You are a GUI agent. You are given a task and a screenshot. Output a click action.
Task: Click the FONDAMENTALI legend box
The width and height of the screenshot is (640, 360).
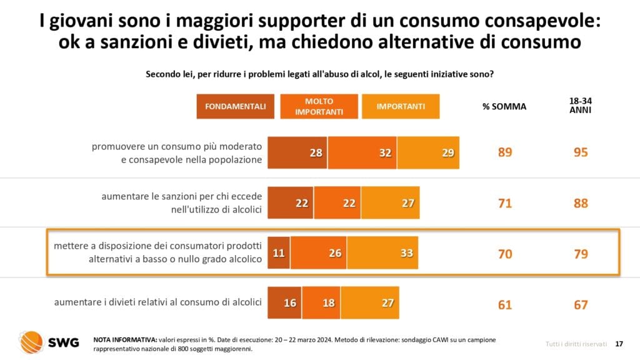(236, 106)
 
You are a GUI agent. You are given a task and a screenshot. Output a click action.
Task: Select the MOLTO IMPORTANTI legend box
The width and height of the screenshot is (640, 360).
(319, 106)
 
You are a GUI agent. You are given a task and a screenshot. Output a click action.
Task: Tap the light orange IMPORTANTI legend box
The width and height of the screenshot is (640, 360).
(401, 106)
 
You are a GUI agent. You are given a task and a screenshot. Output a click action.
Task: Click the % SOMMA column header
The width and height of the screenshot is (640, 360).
(504, 106)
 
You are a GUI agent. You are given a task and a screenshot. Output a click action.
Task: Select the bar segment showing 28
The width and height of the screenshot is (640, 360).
(297, 152)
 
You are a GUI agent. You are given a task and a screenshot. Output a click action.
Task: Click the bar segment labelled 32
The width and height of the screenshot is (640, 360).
(362, 152)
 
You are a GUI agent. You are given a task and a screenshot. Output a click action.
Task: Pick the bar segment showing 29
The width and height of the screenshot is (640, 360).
(428, 152)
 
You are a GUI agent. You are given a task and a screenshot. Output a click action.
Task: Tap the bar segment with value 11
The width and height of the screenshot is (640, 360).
(279, 252)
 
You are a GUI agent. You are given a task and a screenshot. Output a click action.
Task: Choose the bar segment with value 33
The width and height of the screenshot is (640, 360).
(382, 252)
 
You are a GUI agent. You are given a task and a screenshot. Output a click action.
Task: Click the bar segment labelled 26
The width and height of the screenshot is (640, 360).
(318, 252)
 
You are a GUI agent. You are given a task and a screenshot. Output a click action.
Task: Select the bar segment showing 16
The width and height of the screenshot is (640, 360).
(285, 303)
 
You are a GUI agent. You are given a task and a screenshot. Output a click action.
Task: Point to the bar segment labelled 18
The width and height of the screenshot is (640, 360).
(321, 303)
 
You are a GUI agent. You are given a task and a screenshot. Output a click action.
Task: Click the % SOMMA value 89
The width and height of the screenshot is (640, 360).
(505, 152)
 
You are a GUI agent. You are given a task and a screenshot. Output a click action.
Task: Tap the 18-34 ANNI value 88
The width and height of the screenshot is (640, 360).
(581, 202)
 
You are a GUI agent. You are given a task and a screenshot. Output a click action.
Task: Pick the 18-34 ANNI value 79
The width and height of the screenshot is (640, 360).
(581, 254)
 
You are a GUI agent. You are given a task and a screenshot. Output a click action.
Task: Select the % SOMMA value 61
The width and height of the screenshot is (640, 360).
(505, 304)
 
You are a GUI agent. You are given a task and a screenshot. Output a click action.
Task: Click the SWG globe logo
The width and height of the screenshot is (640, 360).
(30, 342)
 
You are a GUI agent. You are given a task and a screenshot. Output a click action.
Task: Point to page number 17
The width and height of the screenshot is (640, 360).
(619, 343)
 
